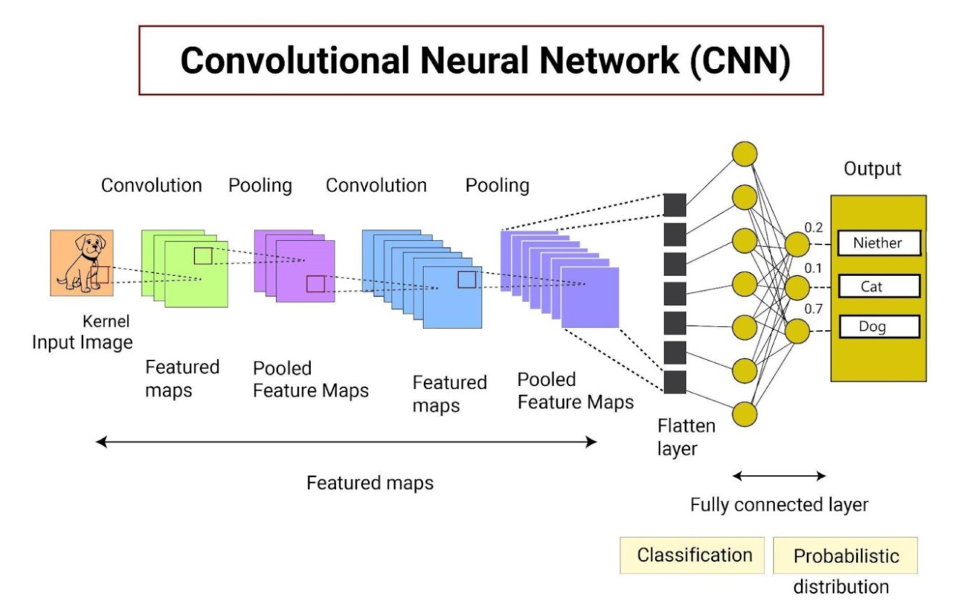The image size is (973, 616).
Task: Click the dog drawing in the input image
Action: (81, 263)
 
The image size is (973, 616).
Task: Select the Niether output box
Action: (878, 243)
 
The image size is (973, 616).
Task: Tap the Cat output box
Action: (878, 286)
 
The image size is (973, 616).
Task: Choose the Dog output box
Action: (878, 327)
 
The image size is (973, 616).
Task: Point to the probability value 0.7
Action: (814, 308)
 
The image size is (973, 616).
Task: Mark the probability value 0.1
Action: (814, 267)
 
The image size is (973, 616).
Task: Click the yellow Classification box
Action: (694, 555)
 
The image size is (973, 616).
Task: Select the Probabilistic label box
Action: (846, 556)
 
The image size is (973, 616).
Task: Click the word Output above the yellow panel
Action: (872, 169)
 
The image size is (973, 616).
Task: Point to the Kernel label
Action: (107, 321)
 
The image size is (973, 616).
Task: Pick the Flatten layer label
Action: (686, 437)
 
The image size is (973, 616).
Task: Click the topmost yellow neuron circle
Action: (745, 154)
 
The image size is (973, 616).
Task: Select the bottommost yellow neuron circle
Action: (745, 413)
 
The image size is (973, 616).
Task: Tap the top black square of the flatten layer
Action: (674, 205)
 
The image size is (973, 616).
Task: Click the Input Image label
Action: (82, 343)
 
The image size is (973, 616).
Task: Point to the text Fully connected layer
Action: (779, 504)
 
